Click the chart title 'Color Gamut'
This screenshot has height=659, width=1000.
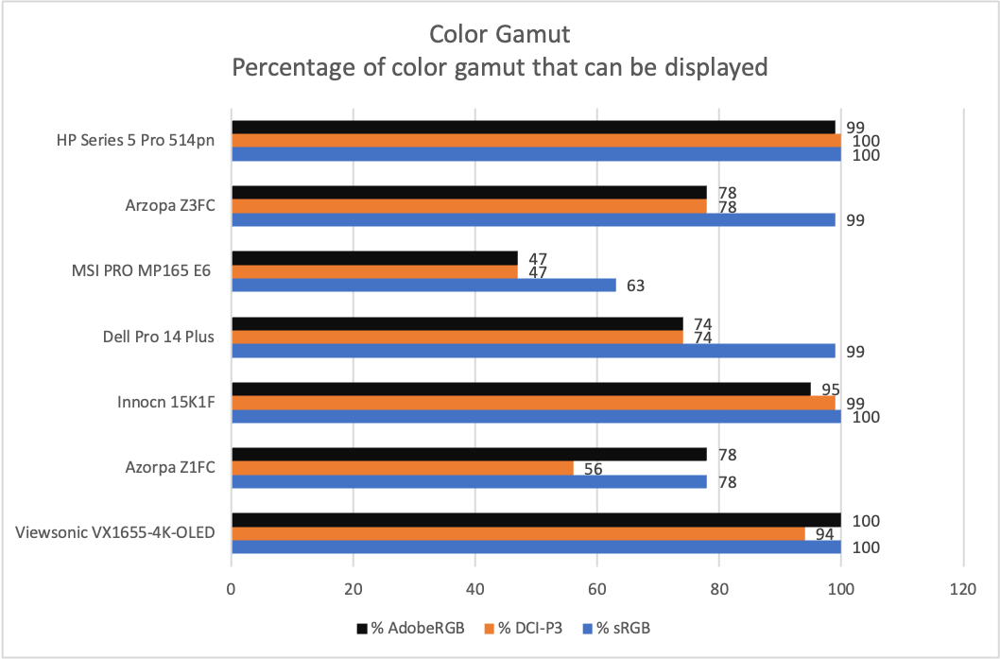pyautogui.click(x=499, y=35)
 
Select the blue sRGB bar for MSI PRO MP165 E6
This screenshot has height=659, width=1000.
pyautogui.click(x=423, y=285)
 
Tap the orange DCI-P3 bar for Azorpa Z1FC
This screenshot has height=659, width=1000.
pyautogui.click(x=402, y=468)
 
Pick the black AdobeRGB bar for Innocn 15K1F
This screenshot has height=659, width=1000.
pyautogui.click(x=521, y=389)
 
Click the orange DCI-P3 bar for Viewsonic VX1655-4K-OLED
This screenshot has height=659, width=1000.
pyautogui.click(x=518, y=533)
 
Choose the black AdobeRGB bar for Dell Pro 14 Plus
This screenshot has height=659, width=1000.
pyautogui.click(x=457, y=323)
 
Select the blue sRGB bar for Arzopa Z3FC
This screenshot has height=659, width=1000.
pyautogui.click(x=533, y=219)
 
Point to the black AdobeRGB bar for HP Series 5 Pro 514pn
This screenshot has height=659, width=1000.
pyautogui.click(x=533, y=127)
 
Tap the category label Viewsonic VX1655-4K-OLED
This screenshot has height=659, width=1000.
pyautogui.click(x=115, y=532)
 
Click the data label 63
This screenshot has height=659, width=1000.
pyautogui.click(x=635, y=285)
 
